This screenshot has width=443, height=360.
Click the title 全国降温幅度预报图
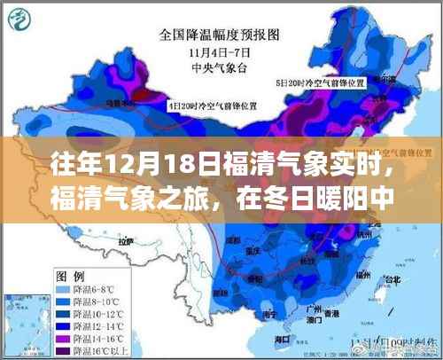[217, 36]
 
